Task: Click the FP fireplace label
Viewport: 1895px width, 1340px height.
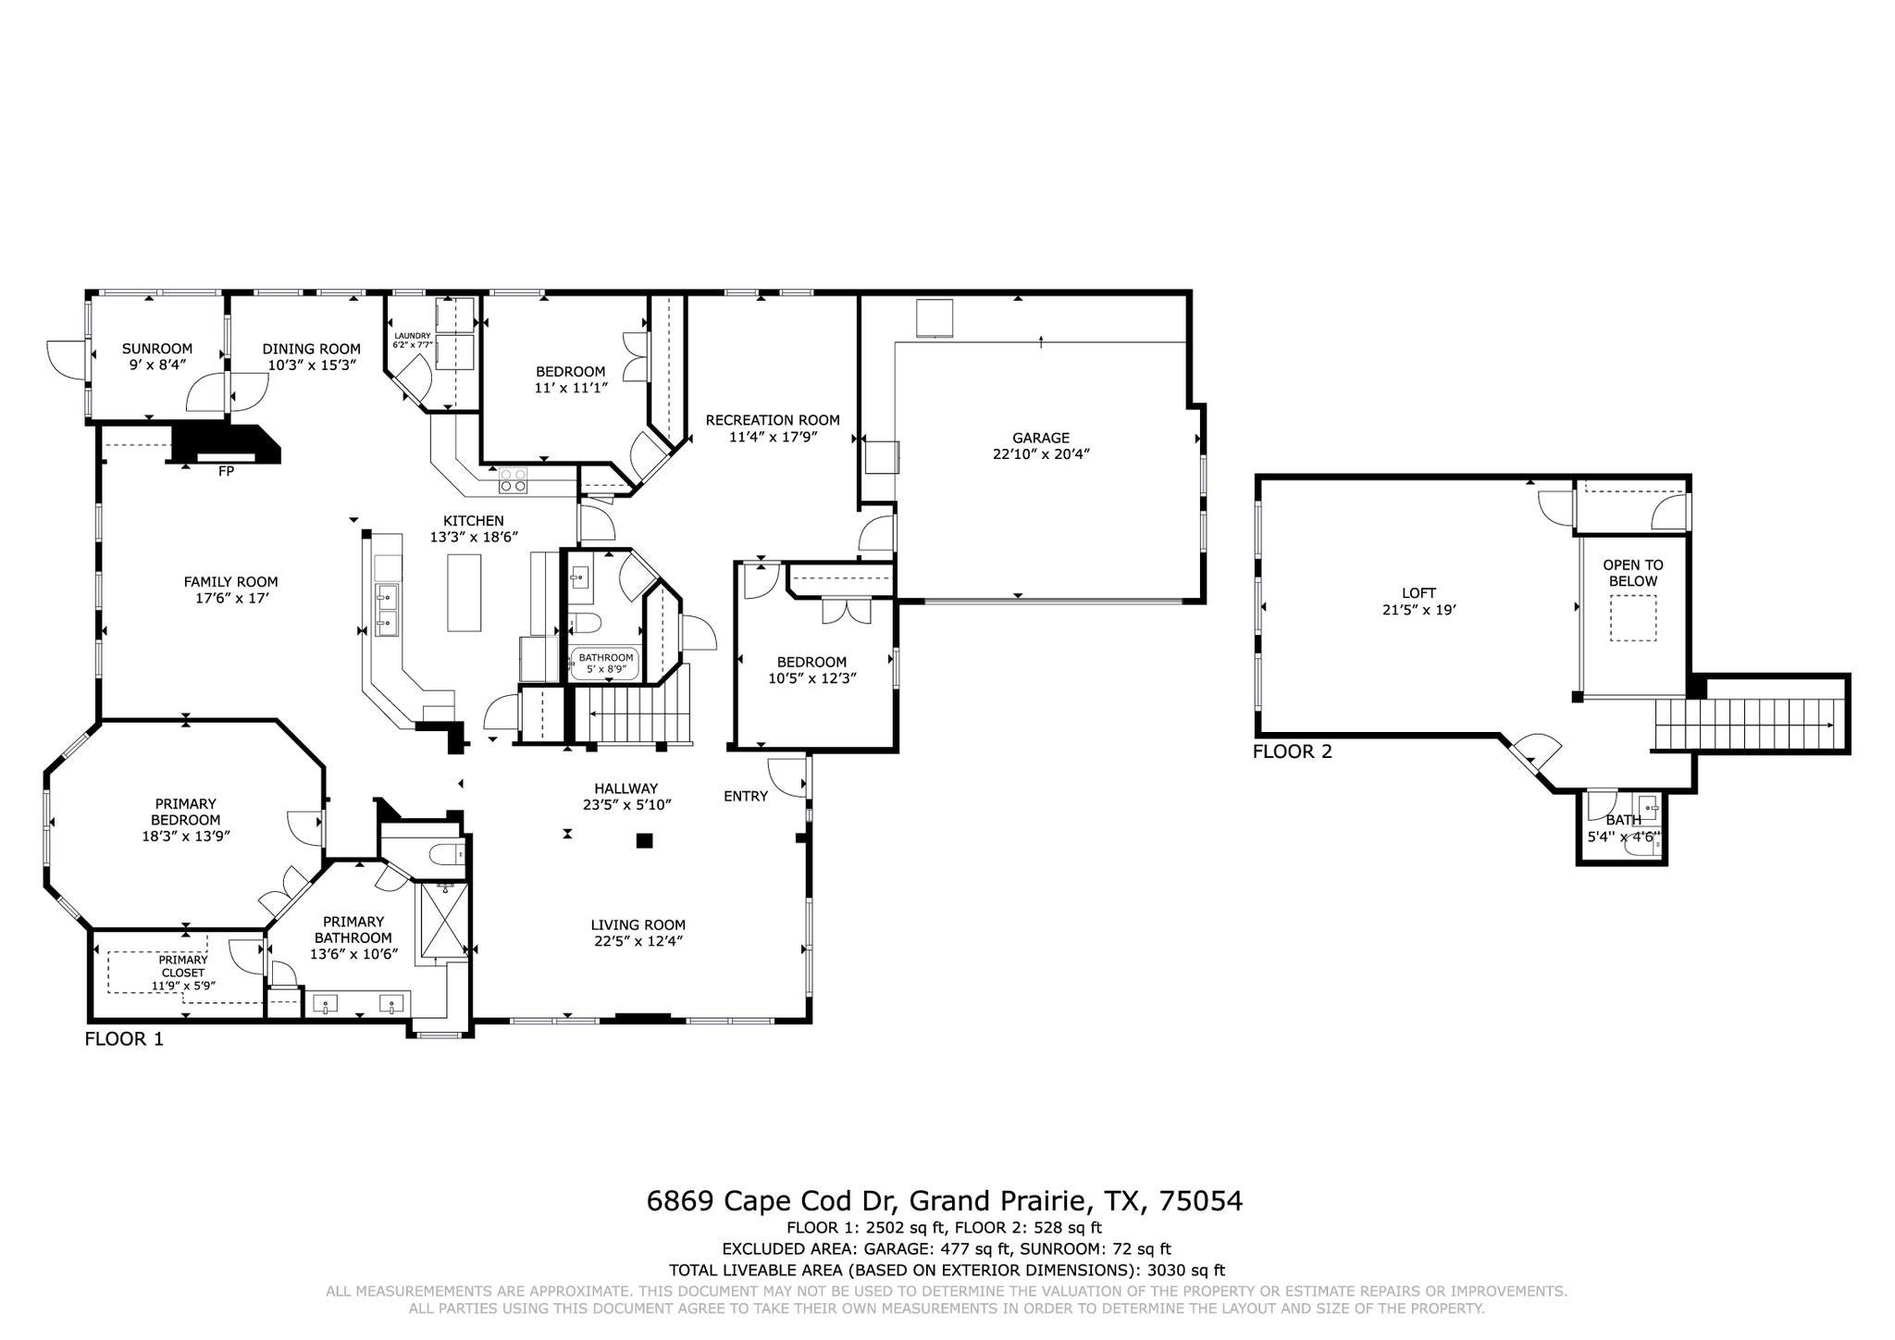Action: tap(226, 471)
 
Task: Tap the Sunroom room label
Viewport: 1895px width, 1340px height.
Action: tap(157, 349)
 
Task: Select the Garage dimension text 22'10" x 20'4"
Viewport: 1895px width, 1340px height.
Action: tap(1040, 454)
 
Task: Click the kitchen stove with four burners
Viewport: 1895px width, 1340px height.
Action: tap(514, 480)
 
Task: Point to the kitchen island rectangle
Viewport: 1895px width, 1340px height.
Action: tap(464, 592)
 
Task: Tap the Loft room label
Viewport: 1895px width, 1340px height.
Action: tap(1418, 593)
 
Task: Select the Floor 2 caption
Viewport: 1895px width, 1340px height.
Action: tap(1292, 751)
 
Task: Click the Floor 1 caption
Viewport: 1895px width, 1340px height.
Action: tap(124, 1038)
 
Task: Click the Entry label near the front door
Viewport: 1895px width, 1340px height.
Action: tap(745, 796)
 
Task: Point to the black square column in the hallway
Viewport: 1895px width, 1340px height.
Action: tap(644, 841)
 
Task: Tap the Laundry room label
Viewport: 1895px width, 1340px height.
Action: tap(413, 336)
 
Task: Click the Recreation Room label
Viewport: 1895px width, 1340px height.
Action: tap(773, 420)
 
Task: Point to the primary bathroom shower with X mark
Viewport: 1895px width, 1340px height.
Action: tap(444, 918)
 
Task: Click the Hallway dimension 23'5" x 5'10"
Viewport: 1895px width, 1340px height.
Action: tap(626, 805)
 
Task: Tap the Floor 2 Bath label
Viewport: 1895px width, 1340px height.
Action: tap(1623, 820)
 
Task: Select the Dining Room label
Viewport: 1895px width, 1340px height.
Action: tap(311, 349)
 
